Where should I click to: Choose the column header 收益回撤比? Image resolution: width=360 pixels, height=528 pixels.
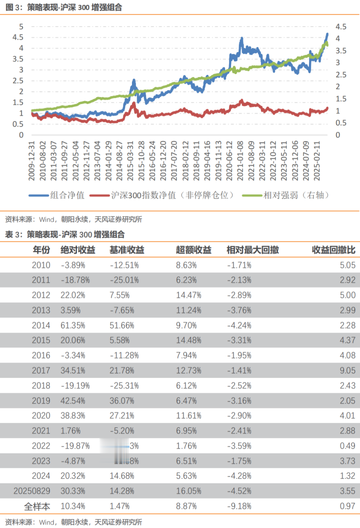333,250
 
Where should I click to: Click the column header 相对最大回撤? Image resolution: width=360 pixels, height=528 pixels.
252,250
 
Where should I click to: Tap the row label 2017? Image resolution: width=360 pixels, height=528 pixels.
41,370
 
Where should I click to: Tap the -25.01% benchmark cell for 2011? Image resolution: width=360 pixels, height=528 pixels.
124,280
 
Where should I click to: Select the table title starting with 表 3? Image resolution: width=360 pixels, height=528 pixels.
65,234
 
